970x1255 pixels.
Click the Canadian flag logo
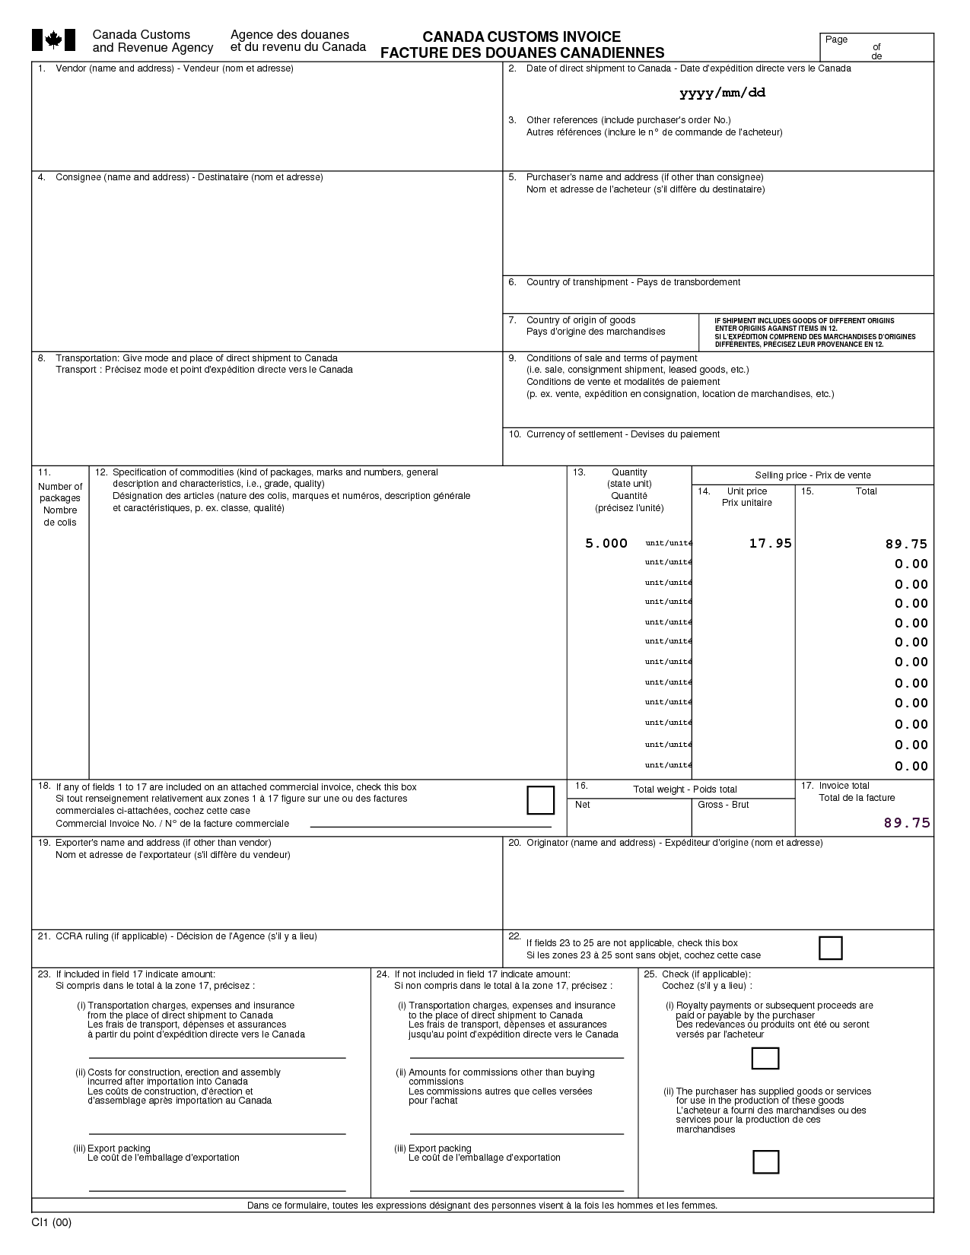[53, 40]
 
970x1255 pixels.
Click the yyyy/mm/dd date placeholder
[722, 93]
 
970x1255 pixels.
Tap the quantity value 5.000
[606, 543]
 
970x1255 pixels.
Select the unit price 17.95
[770, 543]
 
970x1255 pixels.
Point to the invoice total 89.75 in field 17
[907, 822]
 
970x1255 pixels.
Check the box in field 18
[540, 800]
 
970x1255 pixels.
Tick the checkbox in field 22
[830, 948]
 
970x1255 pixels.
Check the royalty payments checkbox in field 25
[765, 1058]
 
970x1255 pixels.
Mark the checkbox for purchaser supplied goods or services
[765, 1162]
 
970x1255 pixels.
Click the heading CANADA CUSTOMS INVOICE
[521, 37]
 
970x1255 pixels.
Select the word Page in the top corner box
[836, 40]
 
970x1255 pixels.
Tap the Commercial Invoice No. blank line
[431, 824]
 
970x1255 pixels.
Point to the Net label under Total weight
[583, 805]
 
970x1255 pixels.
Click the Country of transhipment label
[633, 282]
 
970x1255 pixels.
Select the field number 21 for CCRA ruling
[43, 936]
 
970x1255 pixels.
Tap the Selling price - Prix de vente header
[813, 475]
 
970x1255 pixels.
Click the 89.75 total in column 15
[906, 544]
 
